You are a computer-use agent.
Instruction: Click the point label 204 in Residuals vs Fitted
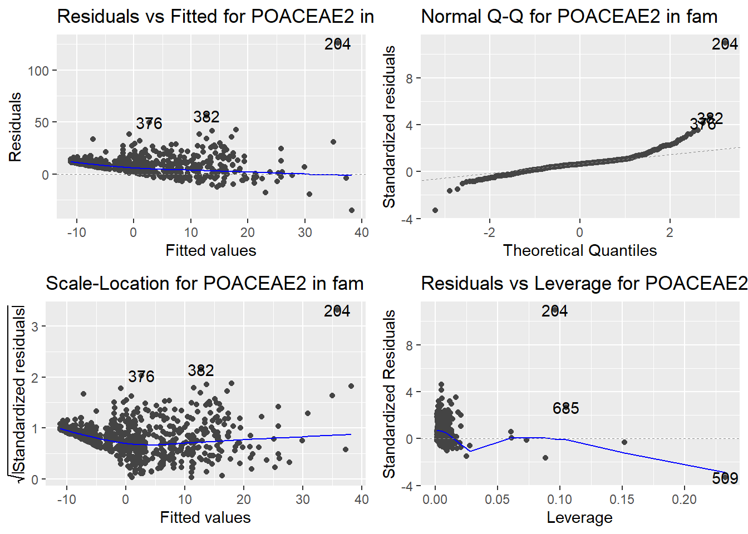click(337, 44)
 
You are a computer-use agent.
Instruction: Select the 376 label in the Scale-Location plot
click(141, 377)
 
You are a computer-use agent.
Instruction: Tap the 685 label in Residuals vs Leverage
click(565, 408)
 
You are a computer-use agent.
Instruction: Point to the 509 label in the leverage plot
click(725, 478)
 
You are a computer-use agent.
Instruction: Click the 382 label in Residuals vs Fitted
click(206, 117)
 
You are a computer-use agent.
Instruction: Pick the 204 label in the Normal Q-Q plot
click(725, 44)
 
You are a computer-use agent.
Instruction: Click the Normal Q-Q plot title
click(569, 17)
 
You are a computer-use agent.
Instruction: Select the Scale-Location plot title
click(204, 284)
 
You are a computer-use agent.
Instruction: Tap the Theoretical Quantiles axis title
click(579, 250)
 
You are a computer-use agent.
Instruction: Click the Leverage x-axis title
click(579, 517)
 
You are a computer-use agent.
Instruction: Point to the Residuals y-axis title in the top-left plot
click(15, 127)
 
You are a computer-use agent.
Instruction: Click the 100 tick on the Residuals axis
click(38, 71)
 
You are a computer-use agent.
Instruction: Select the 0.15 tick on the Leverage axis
click(622, 500)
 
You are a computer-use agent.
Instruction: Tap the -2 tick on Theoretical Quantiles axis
click(489, 233)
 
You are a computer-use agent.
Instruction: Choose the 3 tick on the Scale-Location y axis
click(35, 326)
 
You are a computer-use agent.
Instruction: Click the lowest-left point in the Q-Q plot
click(435, 210)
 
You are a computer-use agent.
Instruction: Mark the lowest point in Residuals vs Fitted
click(352, 210)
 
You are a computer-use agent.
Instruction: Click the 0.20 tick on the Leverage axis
click(684, 500)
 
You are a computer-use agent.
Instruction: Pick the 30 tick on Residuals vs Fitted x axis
click(304, 233)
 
